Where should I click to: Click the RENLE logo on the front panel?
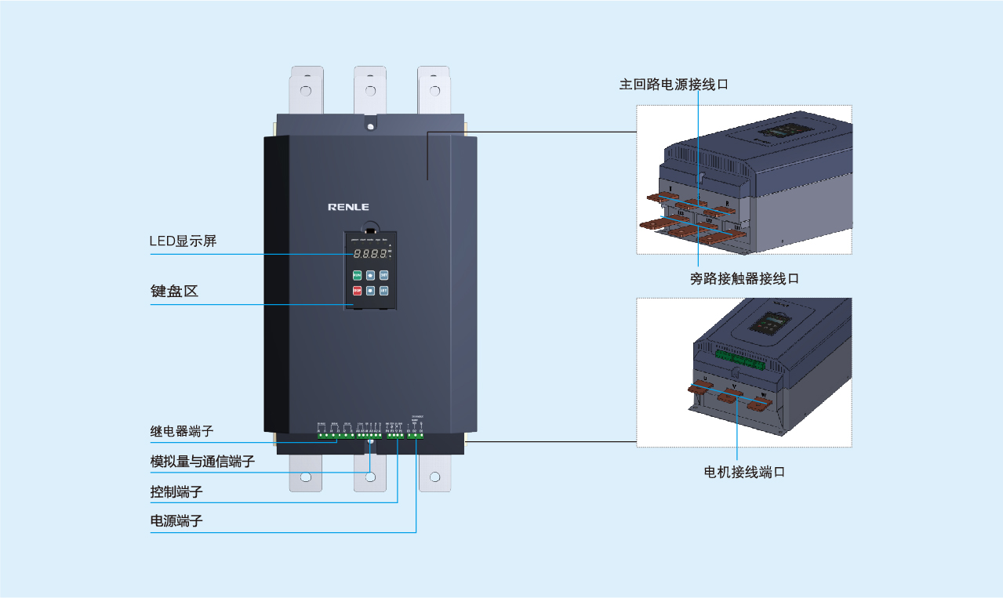pyautogui.click(x=348, y=207)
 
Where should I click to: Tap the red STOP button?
pyautogui.click(x=357, y=291)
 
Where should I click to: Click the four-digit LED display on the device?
pyautogui.click(x=369, y=253)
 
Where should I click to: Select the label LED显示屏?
pyautogui.click(x=183, y=241)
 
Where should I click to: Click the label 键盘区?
pyautogui.click(x=174, y=291)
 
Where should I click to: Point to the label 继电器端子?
pyautogui.click(x=182, y=431)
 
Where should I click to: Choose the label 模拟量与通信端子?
pyautogui.click(x=202, y=461)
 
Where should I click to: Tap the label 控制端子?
pyautogui.click(x=176, y=492)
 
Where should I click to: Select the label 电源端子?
pyautogui.click(x=176, y=520)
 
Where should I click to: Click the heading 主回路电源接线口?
pyautogui.click(x=674, y=84)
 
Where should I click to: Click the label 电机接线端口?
pyautogui.click(x=744, y=472)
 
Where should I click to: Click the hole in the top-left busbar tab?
pyautogui.click(x=305, y=90)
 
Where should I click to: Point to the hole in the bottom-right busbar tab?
pyautogui.click(x=434, y=476)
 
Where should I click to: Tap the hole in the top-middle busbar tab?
pyautogui.click(x=369, y=90)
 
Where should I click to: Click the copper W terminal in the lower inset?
pyautogui.click(x=759, y=404)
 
